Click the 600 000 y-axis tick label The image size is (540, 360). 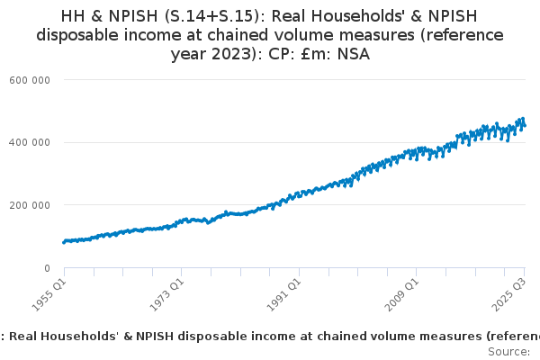(x=31, y=80)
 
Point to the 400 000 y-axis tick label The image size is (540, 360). (x=31, y=142)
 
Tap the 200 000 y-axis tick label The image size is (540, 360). (x=31, y=205)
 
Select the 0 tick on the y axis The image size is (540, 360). (x=46, y=268)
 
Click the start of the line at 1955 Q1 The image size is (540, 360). (x=64, y=241)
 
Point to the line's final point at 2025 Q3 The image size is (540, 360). (x=526, y=125)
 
